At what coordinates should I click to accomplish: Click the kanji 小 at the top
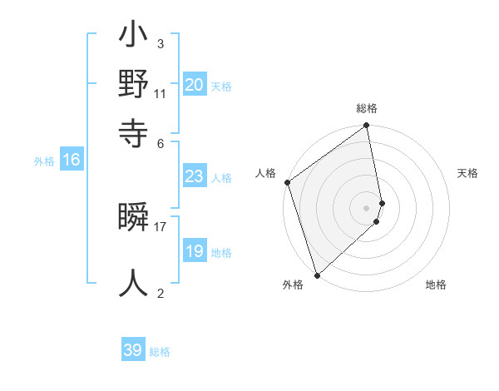point(133,38)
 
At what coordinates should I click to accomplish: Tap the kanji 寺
point(133,131)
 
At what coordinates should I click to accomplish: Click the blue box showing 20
point(195,85)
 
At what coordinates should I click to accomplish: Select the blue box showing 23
point(195,176)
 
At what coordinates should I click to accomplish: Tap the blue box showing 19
point(195,252)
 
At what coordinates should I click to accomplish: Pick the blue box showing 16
point(72,161)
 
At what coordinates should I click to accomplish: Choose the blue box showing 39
point(133,350)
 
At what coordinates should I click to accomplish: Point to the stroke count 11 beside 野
point(161,93)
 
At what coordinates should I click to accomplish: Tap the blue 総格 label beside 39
point(160,352)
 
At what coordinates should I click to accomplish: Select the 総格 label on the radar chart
point(367,108)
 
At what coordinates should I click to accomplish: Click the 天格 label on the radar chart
point(467,173)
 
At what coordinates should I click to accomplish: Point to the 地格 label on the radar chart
point(436,285)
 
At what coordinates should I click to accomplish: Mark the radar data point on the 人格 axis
point(287,183)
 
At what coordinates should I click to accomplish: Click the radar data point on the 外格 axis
point(317,274)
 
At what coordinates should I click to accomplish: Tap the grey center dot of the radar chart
point(367,207)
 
